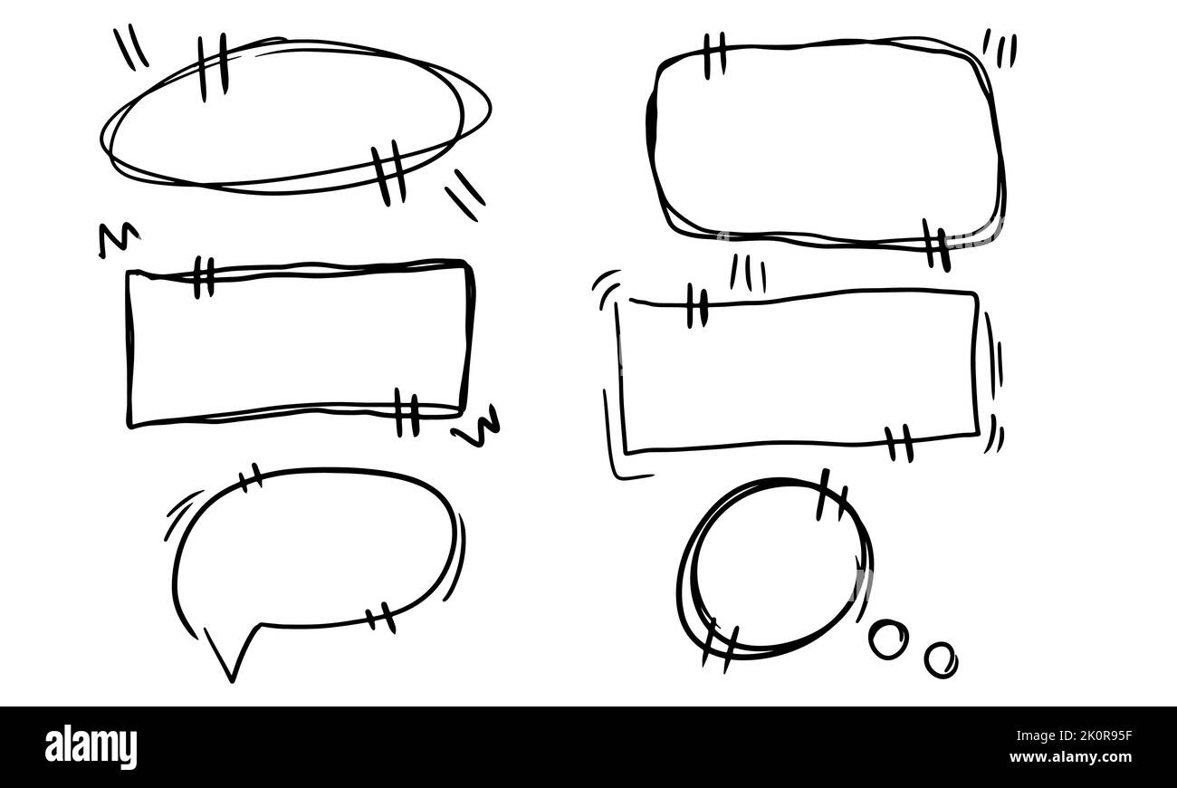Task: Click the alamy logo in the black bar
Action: click(91, 747)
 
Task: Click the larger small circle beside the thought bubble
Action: click(886, 639)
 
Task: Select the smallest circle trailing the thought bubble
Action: click(941, 658)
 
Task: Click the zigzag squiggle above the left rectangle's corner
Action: click(119, 240)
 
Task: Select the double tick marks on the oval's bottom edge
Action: click(388, 172)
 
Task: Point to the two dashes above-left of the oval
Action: click(131, 46)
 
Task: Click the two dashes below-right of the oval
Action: click(464, 194)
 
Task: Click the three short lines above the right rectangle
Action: click(748, 273)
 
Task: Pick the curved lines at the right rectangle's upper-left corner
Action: click(606, 283)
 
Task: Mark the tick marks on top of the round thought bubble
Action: click(831, 496)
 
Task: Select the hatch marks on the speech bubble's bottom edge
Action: click(380, 617)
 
